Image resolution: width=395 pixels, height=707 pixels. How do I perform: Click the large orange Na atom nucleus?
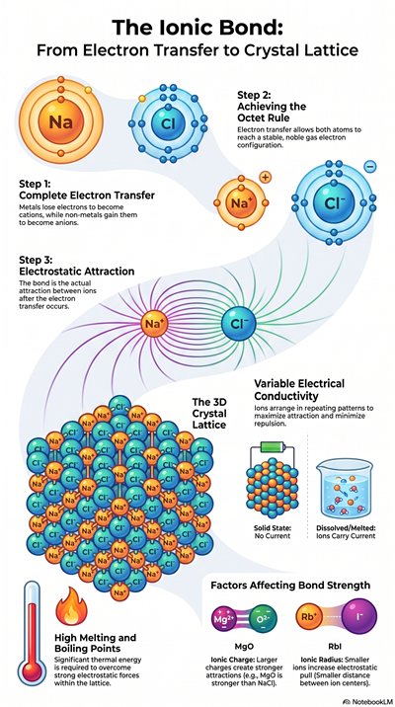click(x=61, y=121)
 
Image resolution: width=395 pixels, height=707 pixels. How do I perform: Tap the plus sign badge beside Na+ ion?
click(x=266, y=178)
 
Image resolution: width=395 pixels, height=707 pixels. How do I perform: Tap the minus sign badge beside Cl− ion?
click(x=369, y=167)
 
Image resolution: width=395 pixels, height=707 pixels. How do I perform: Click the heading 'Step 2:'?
click(x=254, y=95)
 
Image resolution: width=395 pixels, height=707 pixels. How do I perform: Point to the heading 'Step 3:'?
click(x=36, y=260)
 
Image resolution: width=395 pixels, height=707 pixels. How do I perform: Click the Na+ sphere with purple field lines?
click(x=155, y=323)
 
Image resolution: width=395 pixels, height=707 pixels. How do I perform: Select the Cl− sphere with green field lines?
click(x=237, y=322)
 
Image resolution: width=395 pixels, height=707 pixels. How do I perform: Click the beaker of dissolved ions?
click(x=347, y=489)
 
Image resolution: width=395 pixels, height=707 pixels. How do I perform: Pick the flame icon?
click(x=71, y=607)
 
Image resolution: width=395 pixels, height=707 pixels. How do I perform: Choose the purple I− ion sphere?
click(x=359, y=616)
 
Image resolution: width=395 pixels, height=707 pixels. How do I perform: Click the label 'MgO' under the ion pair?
click(x=244, y=645)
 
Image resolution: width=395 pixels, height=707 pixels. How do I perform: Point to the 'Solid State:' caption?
click(x=272, y=527)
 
